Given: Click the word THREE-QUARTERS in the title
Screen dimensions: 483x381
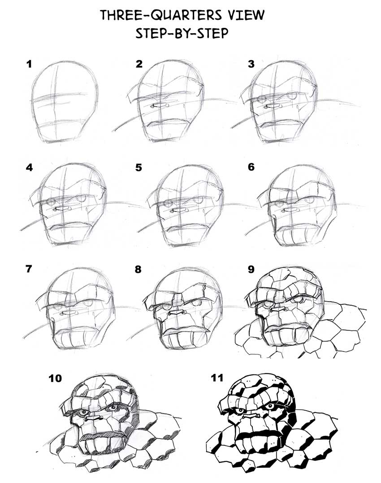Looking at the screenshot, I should (160, 15).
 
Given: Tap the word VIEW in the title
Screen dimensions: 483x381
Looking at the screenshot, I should (244, 15).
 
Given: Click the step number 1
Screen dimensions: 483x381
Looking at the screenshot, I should (30, 64).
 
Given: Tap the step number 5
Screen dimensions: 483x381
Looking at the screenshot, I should (139, 167).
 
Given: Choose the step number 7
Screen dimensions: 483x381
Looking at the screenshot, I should (30, 271).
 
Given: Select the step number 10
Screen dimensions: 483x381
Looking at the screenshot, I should (55, 379).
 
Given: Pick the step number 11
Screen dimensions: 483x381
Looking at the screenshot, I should (217, 379).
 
